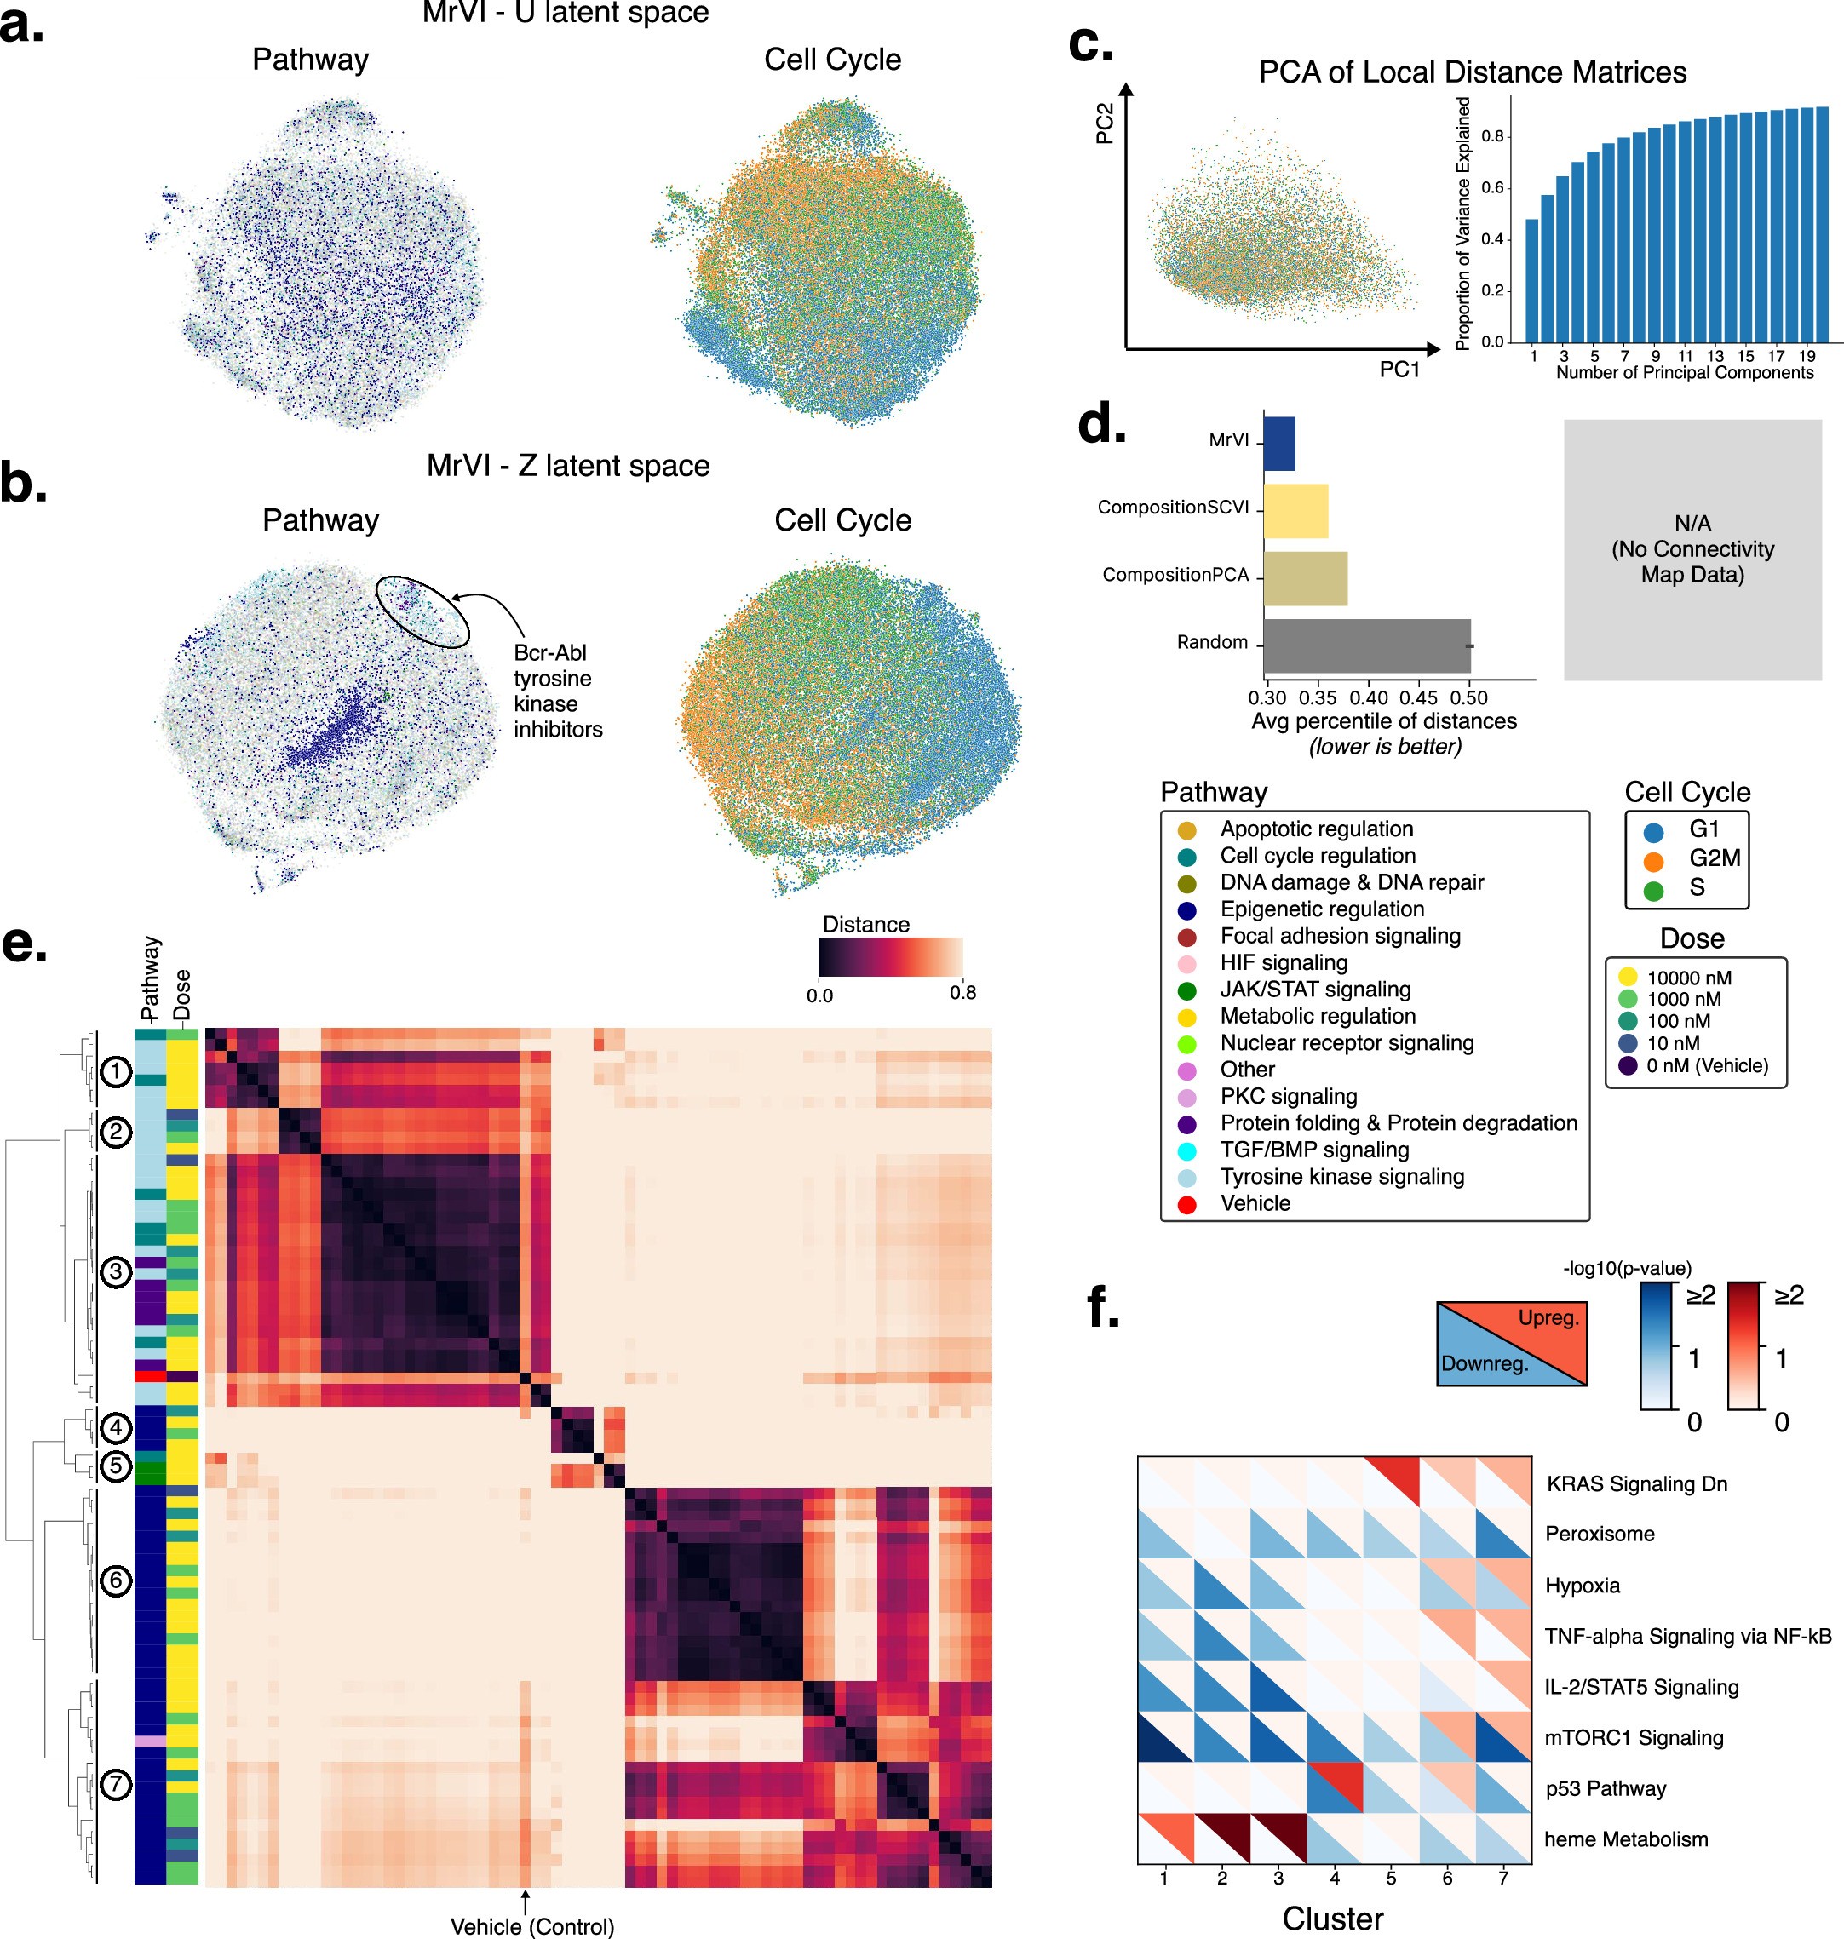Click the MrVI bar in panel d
click(x=1278, y=443)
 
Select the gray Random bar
click(x=1366, y=645)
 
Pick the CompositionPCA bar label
click(x=1175, y=575)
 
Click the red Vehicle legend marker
click(x=1186, y=1205)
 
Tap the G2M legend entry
click(x=1715, y=858)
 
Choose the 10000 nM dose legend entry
click(x=1689, y=978)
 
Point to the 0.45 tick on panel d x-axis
click(x=1418, y=697)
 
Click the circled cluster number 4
click(x=116, y=1427)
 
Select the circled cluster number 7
click(x=116, y=1784)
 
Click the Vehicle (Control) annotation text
click(x=531, y=1926)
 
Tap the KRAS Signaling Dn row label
click(x=1636, y=1484)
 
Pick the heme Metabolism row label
click(x=1626, y=1839)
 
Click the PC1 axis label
click(x=1399, y=370)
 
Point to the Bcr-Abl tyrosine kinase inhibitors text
click(x=556, y=691)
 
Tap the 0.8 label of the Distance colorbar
click(x=962, y=993)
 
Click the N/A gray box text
click(x=1692, y=549)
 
